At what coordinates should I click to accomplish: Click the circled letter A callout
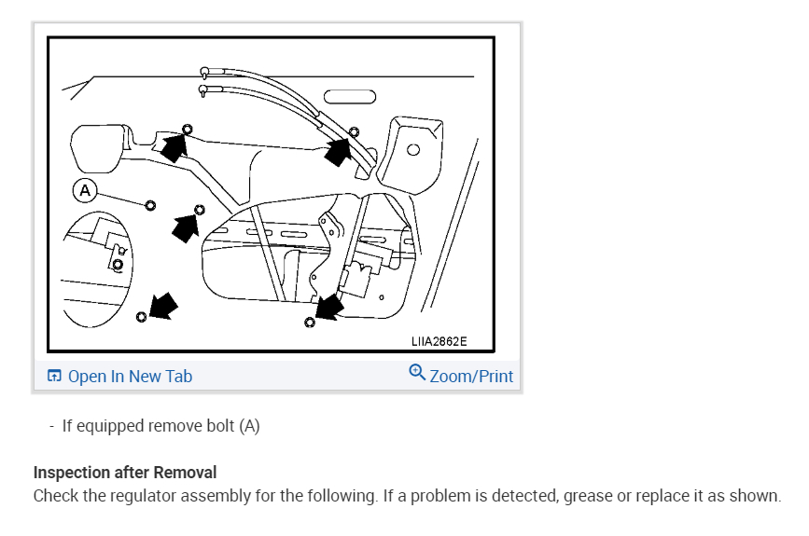coord(86,191)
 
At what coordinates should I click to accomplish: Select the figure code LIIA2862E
coord(439,341)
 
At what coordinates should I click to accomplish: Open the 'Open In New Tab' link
coord(130,377)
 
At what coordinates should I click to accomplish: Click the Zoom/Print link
coord(471,376)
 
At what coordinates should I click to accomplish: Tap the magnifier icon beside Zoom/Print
coord(417,373)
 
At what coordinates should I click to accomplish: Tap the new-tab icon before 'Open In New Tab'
coord(55,377)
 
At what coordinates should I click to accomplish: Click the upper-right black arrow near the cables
coord(339,150)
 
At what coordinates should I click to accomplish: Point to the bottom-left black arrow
coord(161,305)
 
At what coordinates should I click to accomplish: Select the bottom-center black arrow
coord(329,307)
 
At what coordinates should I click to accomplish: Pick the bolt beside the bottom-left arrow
coord(141,317)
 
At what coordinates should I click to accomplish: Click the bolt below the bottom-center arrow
coord(310,323)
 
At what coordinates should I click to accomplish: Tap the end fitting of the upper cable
coord(203,71)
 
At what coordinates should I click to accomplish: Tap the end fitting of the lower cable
coord(203,89)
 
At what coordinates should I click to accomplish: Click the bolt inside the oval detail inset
coord(117,264)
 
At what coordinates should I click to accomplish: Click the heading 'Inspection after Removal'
coord(125,474)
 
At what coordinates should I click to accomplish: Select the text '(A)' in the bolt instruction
coord(249,426)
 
